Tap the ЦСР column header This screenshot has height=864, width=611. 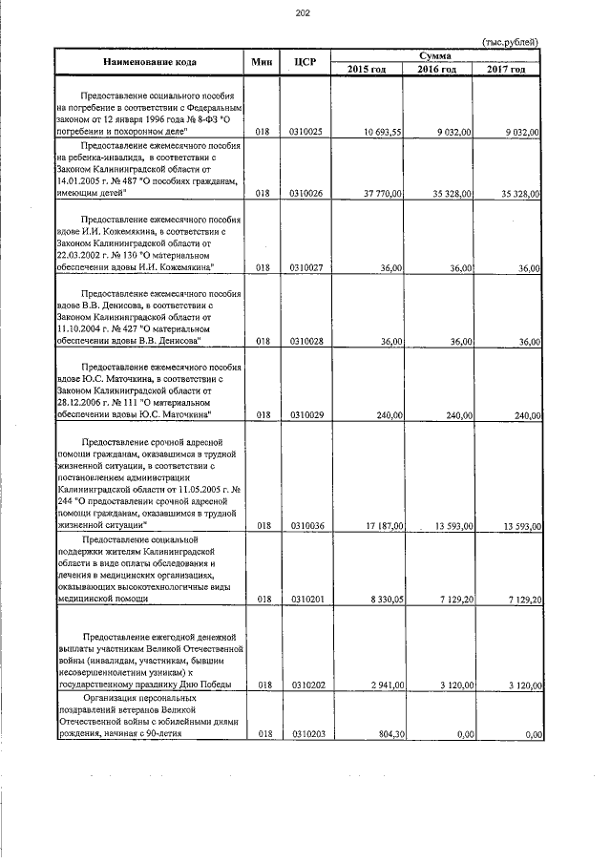305,63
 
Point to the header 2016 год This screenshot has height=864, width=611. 436,70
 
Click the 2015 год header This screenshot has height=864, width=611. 367,70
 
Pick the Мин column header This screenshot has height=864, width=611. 262,63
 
